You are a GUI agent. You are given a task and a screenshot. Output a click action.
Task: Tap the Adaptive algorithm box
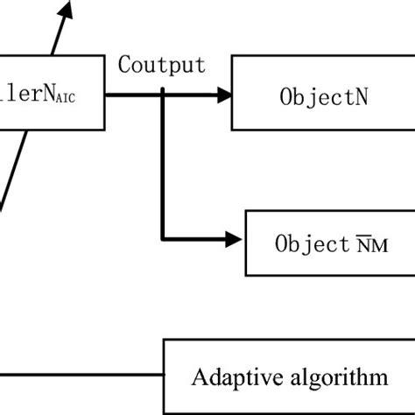(x=290, y=376)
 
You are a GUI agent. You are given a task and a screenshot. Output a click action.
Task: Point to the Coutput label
(x=163, y=65)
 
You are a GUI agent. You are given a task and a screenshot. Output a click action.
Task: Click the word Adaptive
(x=229, y=377)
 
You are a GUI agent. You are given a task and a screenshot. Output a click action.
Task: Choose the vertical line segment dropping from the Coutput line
(x=163, y=166)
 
